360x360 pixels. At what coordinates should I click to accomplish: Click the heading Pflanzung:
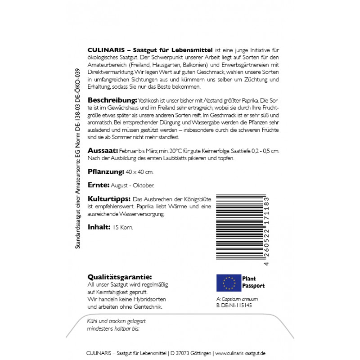coord(105,171)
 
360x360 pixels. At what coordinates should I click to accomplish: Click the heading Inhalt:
coord(98,227)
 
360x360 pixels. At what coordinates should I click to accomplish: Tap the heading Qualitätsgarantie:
coord(119,277)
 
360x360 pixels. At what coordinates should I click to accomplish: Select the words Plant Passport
coord(254,282)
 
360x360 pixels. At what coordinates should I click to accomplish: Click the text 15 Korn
coord(123,227)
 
